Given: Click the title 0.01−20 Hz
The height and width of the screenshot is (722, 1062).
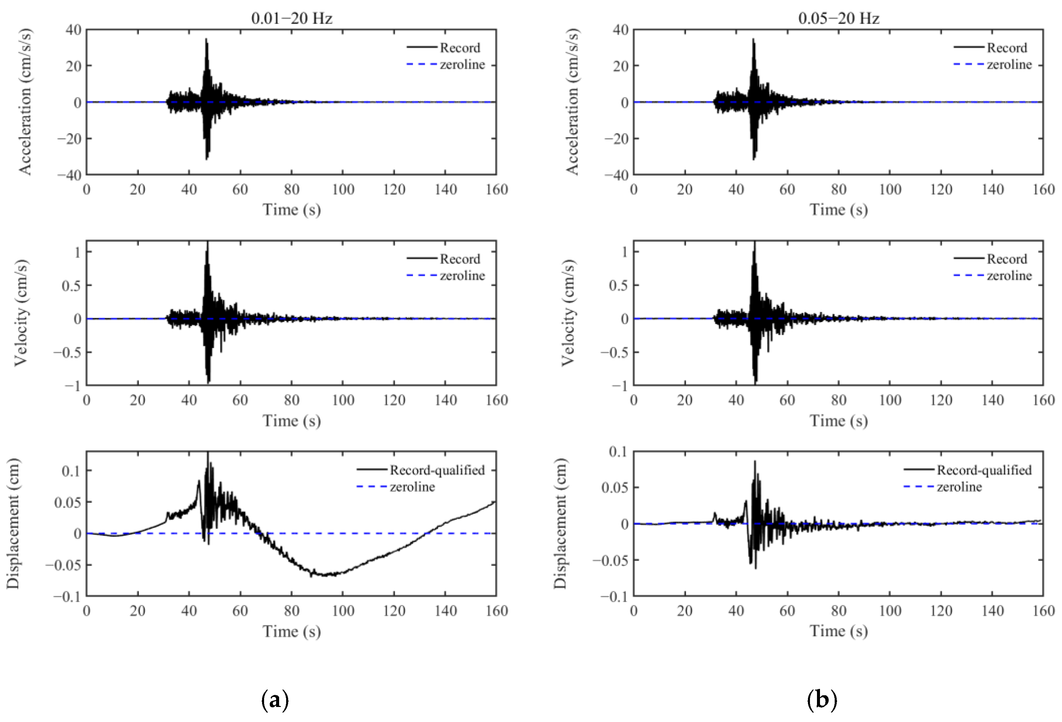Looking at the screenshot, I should (291, 18).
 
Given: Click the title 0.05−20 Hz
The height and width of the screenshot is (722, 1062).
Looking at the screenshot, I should (839, 18).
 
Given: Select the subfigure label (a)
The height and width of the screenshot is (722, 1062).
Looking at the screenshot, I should (275, 700).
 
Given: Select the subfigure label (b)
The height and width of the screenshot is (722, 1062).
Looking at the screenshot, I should (822, 700).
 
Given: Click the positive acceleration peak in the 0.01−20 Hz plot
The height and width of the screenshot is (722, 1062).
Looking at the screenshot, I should (206, 40).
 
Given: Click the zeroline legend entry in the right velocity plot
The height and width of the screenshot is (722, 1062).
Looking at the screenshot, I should (1009, 275).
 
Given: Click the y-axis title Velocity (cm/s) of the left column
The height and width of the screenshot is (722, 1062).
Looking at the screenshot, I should (21, 313).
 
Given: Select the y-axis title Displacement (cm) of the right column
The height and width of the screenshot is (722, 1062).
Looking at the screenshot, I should (560, 523).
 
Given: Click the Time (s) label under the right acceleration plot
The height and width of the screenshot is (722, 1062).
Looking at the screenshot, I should (839, 209).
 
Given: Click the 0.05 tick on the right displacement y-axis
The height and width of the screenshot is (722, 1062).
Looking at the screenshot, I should (615, 488).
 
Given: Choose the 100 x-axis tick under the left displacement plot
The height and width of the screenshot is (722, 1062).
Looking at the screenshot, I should (343, 611).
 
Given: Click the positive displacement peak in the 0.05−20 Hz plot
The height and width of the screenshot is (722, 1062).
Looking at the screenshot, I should (754, 462).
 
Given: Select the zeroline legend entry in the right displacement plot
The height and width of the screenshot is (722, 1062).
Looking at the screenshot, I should (959, 487).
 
